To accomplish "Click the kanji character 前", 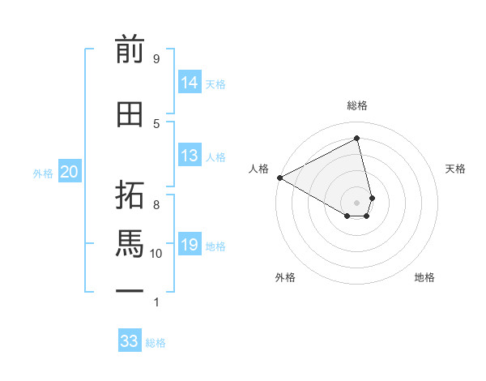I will point(130,50).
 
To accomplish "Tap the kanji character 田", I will point(130,114).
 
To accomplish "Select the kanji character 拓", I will point(130,195).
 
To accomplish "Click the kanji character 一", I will point(130,289).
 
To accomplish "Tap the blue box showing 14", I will point(190,83).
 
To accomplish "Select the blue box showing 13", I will point(190,156).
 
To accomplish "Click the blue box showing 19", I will point(190,245).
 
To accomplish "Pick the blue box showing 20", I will point(70,172).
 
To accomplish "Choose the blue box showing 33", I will point(130,341).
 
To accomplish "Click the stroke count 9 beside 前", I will point(156,58).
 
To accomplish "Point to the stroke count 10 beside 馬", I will point(156,254).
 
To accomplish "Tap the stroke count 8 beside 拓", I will point(156,204).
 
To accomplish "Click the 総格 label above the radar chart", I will point(357,105).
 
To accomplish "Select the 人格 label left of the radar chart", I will point(258,169).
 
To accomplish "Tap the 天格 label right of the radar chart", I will point(456,169).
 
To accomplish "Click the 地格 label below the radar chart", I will point(424,277).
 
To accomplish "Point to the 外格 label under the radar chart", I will point(285,277).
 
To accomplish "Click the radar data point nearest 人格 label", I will point(279,178).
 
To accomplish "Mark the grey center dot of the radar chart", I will point(357,202).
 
